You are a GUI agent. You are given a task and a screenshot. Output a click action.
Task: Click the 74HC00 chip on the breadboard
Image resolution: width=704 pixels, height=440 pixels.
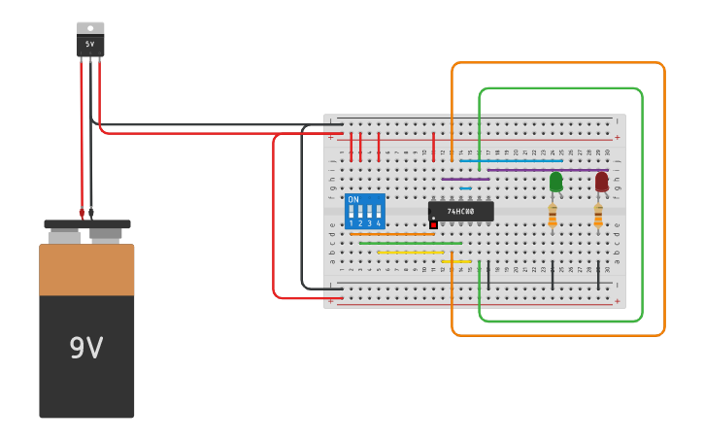tap(460, 211)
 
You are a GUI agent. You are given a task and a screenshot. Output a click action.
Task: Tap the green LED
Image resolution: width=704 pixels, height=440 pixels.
tap(555, 182)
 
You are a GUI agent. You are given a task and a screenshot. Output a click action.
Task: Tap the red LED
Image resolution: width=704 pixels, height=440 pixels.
tap(601, 182)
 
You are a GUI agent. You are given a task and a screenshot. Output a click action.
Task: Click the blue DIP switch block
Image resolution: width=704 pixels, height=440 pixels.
tap(365, 211)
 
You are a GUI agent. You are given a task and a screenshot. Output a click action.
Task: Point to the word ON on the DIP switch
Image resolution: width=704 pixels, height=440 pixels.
tap(353, 199)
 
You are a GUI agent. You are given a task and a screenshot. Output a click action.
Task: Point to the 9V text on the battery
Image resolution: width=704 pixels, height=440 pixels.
tap(85, 348)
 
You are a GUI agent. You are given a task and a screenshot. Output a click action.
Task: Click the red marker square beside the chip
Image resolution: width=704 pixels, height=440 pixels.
tap(433, 224)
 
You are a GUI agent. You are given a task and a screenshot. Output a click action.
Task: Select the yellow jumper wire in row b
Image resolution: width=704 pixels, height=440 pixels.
tap(410, 253)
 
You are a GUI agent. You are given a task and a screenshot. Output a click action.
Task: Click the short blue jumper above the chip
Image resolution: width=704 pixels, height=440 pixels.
tap(465, 188)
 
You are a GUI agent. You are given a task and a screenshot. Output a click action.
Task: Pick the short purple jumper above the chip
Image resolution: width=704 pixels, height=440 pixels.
tap(465, 179)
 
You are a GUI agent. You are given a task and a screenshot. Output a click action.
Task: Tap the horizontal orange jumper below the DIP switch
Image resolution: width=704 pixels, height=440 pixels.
tap(392, 234)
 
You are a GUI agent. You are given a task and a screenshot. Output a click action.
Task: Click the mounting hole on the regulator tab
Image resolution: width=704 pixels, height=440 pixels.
tap(90, 28)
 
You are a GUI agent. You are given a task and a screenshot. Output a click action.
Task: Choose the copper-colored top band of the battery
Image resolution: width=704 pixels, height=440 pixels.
tap(86, 270)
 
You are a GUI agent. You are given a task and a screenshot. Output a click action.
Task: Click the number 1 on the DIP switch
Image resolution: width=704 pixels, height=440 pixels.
tap(351, 224)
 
